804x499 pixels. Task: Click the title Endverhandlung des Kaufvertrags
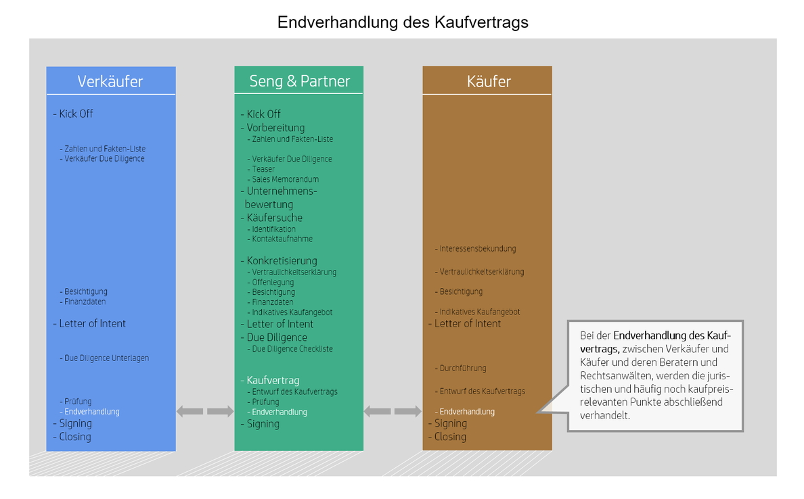tap(403, 22)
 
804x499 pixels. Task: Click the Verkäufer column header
tap(110, 81)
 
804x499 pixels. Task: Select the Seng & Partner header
tap(299, 81)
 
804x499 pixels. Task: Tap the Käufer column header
tap(489, 81)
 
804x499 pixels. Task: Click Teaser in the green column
tap(263, 169)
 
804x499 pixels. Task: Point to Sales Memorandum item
tap(285, 179)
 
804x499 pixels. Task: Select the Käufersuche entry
tap(274, 218)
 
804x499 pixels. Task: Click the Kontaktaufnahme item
tap(282, 239)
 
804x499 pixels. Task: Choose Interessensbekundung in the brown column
tap(477, 248)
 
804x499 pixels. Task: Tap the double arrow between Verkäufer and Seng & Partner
tap(205, 411)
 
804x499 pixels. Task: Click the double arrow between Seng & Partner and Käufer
tap(393, 411)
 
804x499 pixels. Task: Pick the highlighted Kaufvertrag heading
tap(273, 380)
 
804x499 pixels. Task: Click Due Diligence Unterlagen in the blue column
tap(107, 358)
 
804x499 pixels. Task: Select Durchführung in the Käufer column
tap(462, 368)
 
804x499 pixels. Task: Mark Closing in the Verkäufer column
tap(75, 437)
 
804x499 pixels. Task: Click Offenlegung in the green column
tap(273, 282)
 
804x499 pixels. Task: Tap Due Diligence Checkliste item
tap(292, 349)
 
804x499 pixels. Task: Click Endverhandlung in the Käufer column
tap(467, 411)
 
